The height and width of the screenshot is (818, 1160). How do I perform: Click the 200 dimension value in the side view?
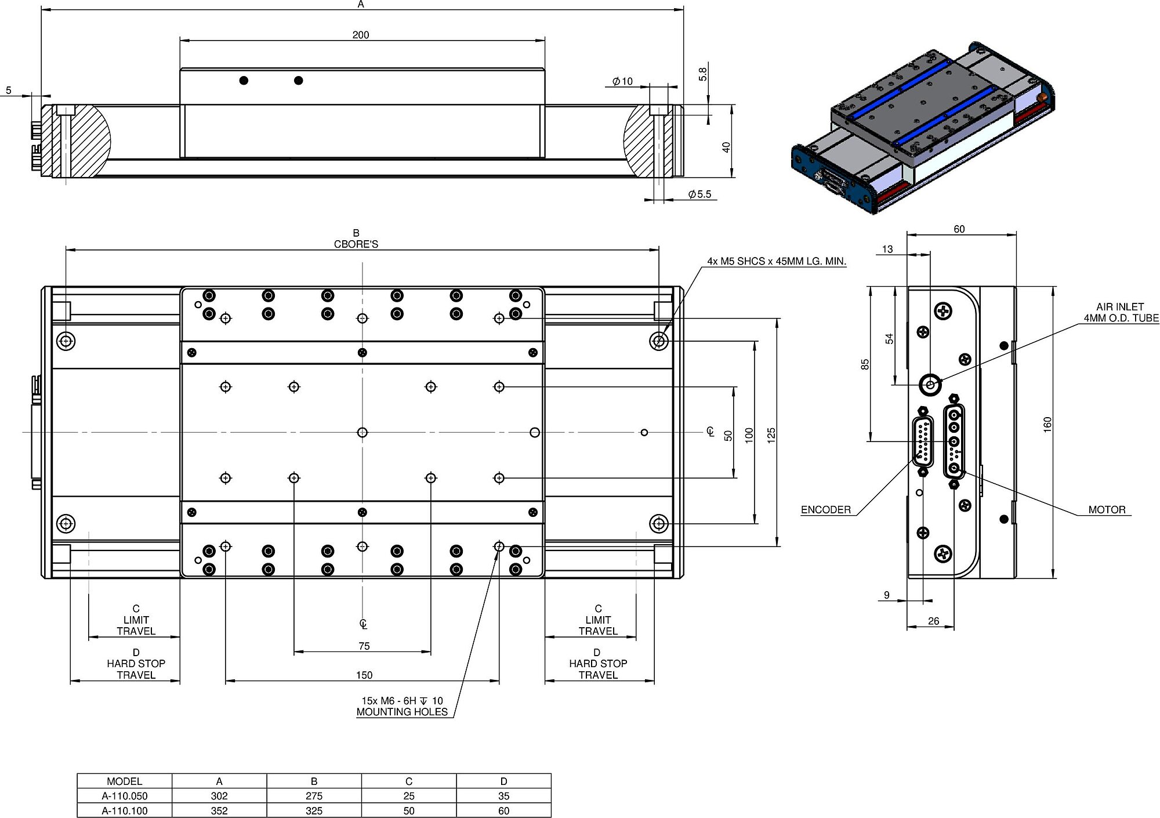click(360, 35)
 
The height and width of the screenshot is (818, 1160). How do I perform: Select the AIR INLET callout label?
click(1120, 312)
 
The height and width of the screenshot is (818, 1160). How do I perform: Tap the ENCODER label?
click(825, 509)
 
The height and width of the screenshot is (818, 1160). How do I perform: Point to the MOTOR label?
click(1106, 509)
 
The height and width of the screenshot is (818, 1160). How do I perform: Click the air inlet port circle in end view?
click(931, 384)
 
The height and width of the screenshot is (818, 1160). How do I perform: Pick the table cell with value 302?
click(219, 796)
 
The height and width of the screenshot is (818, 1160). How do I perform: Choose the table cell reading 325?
click(314, 810)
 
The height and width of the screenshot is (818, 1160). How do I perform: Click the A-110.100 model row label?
click(125, 810)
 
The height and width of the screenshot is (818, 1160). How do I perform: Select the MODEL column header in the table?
click(125, 781)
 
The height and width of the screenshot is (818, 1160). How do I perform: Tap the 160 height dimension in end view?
click(1047, 424)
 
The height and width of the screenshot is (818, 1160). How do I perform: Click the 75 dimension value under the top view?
click(364, 646)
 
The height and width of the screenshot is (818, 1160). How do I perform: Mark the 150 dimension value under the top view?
click(364, 675)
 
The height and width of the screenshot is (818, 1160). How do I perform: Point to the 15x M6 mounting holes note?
click(402, 706)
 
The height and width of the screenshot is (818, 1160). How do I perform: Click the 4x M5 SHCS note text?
click(776, 261)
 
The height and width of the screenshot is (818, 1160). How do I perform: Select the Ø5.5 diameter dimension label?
click(699, 194)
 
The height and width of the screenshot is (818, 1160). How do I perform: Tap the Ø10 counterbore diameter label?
click(622, 81)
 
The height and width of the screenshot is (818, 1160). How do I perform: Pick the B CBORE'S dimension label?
click(356, 238)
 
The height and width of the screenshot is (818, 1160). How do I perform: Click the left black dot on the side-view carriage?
click(244, 80)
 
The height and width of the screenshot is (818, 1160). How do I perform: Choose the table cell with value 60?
click(503, 810)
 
